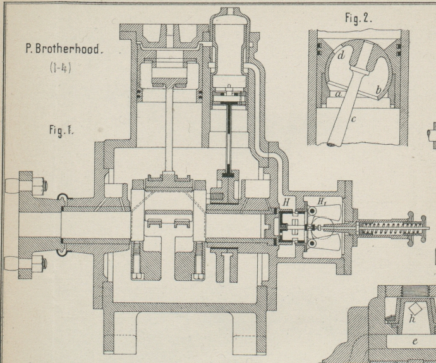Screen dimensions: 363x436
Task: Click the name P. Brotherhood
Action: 63,47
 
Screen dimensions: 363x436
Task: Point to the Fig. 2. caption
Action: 358,18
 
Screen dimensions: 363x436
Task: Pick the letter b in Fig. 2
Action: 378,90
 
